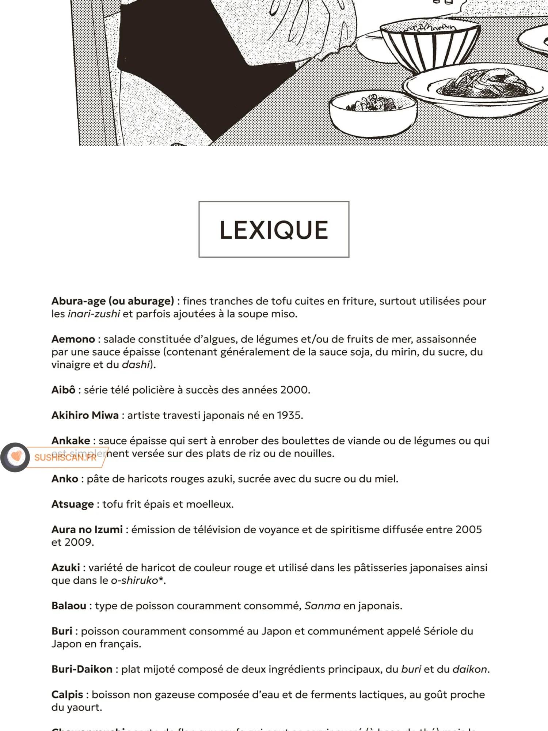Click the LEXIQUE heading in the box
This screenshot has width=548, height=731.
click(x=274, y=230)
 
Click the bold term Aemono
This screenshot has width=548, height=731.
click(x=73, y=339)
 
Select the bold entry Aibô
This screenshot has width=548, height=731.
click(x=63, y=390)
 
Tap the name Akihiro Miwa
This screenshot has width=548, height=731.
click(x=85, y=416)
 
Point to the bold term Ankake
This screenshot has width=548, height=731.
click(x=71, y=441)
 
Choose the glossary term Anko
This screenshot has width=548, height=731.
click(x=65, y=479)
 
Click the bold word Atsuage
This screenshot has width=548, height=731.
click(x=72, y=504)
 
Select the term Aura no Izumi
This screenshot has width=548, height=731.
click(x=87, y=530)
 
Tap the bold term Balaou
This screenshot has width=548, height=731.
click(x=69, y=606)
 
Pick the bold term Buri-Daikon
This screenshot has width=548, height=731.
click(x=82, y=670)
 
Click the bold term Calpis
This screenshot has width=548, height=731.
click(x=67, y=695)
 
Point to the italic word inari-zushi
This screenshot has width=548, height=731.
click(x=94, y=314)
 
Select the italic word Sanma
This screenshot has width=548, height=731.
click(x=322, y=606)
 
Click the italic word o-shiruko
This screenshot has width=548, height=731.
click(x=134, y=580)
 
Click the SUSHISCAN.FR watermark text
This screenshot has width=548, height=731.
click(x=65, y=458)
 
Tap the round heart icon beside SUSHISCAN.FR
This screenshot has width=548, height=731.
click(x=15, y=457)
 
